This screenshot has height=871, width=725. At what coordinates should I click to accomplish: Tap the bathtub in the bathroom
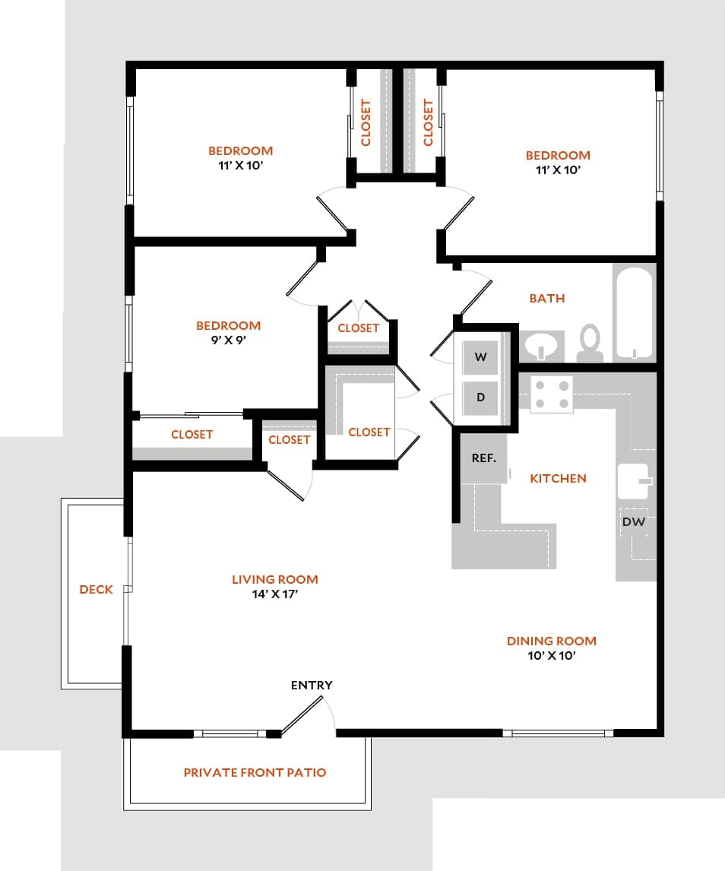click(x=634, y=312)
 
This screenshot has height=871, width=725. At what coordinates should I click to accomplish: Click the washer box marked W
click(x=480, y=357)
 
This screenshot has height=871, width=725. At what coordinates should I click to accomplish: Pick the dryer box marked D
click(x=480, y=397)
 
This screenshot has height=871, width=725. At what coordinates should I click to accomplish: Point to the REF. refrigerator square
click(x=484, y=458)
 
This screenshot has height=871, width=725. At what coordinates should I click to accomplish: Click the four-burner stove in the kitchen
click(x=551, y=394)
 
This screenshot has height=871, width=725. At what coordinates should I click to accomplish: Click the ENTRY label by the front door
click(x=312, y=685)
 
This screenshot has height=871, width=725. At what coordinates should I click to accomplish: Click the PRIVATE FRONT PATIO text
click(x=255, y=772)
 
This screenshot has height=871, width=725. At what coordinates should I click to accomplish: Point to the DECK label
click(x=96, y=589)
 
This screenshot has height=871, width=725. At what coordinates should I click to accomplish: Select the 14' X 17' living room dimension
click(x=275, y=594)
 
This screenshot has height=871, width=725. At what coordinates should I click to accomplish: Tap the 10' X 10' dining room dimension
click(x=551, y=655)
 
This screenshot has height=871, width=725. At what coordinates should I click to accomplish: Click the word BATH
click(x=547, y=299)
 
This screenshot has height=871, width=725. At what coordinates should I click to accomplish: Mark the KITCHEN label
click(x=558, y=478)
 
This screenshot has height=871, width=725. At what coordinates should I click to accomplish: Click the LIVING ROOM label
click(x=275, y=579)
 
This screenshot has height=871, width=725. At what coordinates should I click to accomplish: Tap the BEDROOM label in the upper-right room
click(x=558, y=155)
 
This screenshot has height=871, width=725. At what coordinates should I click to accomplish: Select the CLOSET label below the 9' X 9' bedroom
click(x=192, y=435)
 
